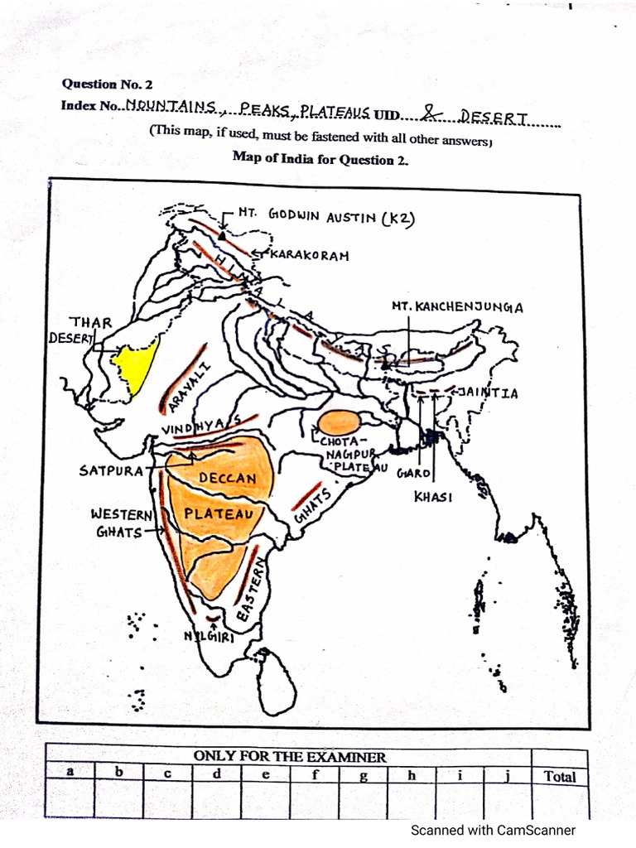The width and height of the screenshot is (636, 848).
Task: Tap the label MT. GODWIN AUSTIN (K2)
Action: [325, 216]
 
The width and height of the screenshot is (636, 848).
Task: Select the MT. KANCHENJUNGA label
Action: [457, 307]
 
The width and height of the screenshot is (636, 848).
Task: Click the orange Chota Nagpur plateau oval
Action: [339, 423]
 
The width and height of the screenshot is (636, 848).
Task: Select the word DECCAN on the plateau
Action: [228, 478]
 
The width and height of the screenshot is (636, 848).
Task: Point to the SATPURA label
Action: [111, 470]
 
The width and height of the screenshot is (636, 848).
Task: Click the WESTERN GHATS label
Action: [120, 523]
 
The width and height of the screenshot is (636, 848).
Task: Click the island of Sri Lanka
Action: [276, 684]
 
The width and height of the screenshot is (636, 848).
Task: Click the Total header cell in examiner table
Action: [560, 777]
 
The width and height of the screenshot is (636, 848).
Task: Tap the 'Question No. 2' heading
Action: [107, 84]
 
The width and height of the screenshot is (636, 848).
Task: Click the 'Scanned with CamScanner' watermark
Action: [493, 830]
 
